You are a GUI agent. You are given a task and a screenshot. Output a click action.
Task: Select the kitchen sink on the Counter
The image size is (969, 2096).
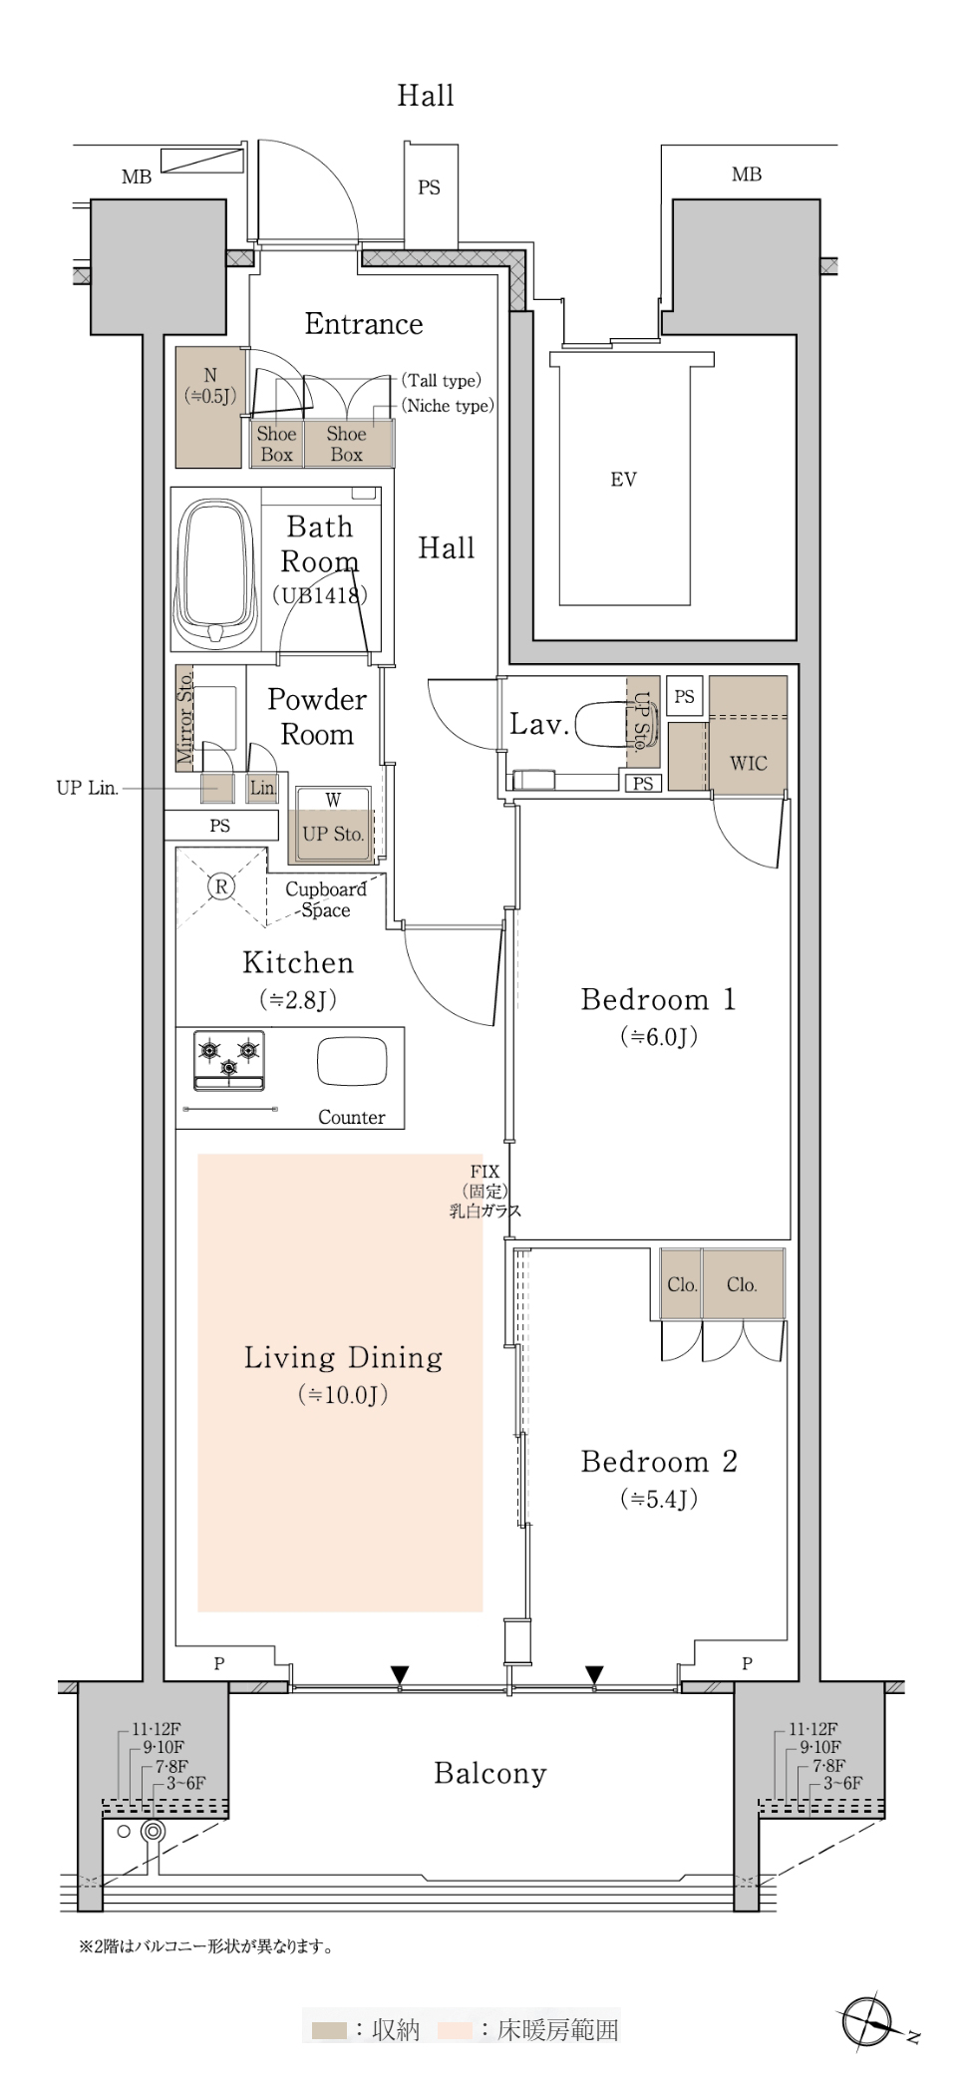point(352,1062)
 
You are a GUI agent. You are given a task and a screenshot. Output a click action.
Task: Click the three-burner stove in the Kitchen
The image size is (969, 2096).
point(229,1061)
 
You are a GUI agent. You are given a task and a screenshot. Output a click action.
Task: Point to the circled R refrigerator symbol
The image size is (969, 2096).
point(221,885)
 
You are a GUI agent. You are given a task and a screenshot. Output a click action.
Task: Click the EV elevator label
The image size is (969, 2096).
point(623,480)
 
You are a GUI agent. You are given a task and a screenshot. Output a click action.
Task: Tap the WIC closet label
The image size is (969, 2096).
point(749,763)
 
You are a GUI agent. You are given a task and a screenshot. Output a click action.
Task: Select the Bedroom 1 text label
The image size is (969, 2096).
point(658,999)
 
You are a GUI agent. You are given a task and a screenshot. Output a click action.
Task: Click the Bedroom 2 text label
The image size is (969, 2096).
point(659,1462)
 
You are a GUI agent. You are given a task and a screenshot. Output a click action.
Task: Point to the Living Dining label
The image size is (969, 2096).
point(343,1357)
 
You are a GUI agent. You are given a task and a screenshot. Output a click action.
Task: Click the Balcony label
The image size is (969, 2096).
point(490,1774)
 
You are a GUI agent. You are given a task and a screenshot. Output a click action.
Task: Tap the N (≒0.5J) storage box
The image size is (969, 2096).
point(210,407)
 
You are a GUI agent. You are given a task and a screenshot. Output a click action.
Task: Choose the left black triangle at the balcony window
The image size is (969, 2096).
point(400,1673)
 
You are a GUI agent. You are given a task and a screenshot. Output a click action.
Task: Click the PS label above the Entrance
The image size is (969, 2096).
point(430,187)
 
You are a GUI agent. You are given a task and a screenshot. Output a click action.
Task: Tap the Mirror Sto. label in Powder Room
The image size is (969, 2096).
point(184,718)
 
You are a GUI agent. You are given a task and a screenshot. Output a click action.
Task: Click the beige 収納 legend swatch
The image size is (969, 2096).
point(329,2030)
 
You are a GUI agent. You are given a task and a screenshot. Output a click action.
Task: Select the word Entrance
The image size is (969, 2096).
point(364,323)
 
